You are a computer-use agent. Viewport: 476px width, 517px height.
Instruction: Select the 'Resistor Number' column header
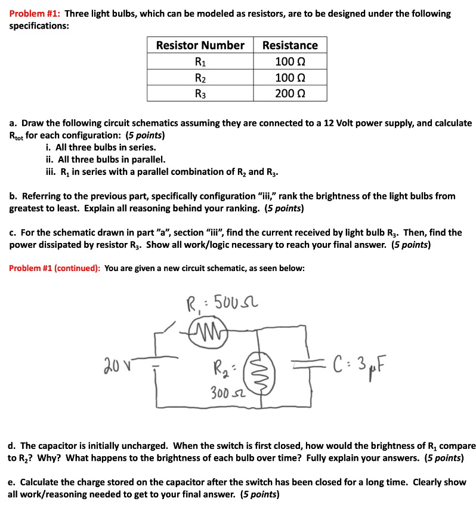coord(200,45)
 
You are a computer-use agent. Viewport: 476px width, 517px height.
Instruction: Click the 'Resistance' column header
coord(290,45)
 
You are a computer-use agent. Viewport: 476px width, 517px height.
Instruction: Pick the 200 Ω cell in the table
coord(290,93)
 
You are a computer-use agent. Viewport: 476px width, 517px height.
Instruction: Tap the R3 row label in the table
coord(200,93)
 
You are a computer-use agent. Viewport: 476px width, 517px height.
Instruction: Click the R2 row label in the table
coord(200,78)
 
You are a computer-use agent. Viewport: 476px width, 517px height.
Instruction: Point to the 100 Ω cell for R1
coord(290,61)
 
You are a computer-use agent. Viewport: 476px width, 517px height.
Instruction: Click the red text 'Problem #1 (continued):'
coord(55,268)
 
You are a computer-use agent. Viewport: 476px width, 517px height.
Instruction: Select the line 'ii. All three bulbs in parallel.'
coord(106,159)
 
